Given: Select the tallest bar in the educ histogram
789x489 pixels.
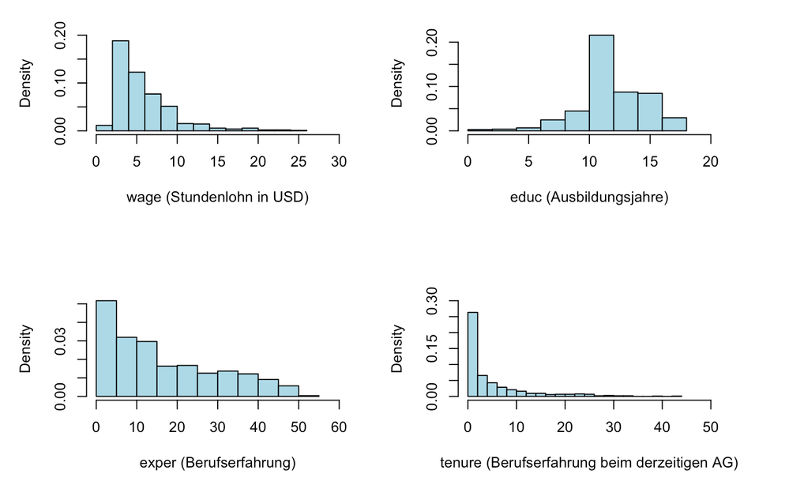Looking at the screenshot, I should (x=601, y=83).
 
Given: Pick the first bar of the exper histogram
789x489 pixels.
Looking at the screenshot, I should (x=106, y=348).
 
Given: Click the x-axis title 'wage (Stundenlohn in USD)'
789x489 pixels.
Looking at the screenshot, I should (x=217, y=197).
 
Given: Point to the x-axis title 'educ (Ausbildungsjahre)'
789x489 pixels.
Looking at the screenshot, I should (x=589, y=197).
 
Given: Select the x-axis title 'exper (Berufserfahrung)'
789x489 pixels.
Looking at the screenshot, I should (x=217, y=463).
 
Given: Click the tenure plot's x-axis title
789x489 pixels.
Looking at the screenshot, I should (x=589, y=463).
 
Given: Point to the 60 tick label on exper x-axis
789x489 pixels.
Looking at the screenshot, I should (x=339, y=427).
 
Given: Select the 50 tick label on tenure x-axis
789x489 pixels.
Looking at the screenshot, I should (x=711, y=427).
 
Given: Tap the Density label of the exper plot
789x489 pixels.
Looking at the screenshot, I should (x=26, y=348).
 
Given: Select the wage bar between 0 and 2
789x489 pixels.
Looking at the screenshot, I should (x=104, y=127).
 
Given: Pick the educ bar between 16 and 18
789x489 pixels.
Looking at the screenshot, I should (x=674, y=124).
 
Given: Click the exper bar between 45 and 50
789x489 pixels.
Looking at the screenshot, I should (x=288, y=390).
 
